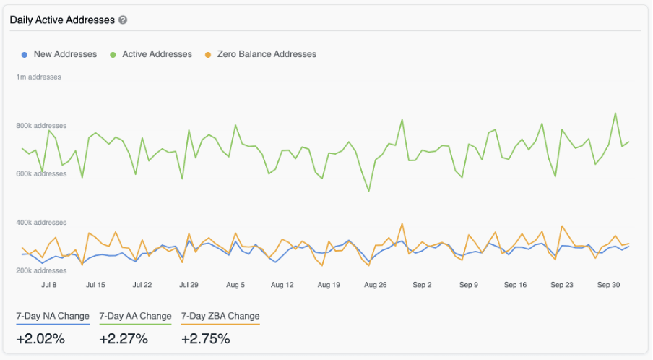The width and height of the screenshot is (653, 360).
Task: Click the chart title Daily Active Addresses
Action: [62, 20]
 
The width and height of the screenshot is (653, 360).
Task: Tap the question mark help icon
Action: [123, 20]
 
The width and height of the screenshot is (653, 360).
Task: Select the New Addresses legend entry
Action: [64, 54]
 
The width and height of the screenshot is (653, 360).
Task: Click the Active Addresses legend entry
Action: [157, 54]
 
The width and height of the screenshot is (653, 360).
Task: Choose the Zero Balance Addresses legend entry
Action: [266, 54]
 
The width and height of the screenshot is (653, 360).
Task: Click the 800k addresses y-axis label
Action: [41, 126]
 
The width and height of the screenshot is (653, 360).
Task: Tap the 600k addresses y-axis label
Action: [41, 174]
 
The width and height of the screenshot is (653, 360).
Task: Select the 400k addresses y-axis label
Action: [41, 223]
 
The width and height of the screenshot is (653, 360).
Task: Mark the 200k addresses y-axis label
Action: [41, 271]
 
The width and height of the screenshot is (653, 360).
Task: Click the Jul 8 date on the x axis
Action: [49, 285]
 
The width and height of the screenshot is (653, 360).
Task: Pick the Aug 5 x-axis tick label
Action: [235, 285]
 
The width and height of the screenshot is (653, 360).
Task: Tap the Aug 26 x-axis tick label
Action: [376, 285]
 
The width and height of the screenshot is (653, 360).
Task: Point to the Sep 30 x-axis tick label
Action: [608, 285]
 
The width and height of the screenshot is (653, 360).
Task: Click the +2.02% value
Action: [40, 338]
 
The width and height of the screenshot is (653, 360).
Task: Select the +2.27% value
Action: [124, 338]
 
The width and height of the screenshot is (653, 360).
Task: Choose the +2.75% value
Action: [206, 338]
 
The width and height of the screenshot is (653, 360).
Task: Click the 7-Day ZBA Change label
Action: [220, 316]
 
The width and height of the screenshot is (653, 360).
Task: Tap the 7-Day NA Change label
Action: [53, 316]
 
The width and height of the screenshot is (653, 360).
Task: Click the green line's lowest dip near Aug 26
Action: [369, 191]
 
